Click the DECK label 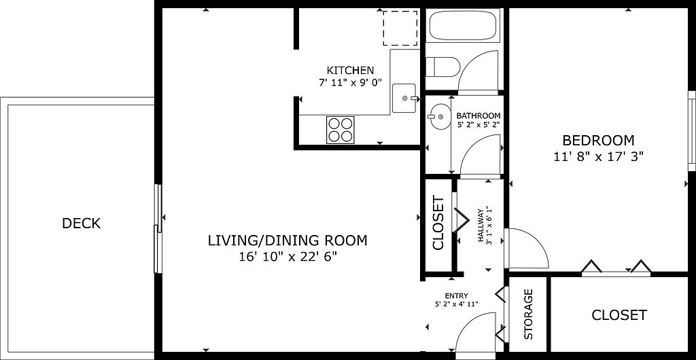click(82, 223)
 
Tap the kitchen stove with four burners click(341, 130)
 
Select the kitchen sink click(404, 98)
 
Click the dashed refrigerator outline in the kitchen click(400, 28)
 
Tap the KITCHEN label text click(350, 70)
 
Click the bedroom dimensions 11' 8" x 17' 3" click(598, 156)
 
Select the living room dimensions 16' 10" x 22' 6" click(288, 257)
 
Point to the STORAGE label click(528, 314)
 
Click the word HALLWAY click(481, 226)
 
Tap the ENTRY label click(456, 296)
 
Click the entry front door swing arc click(470, 323)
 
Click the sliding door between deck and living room click(158, 228)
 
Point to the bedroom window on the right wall click(691, 131)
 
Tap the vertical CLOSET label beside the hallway click(438, 223)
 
